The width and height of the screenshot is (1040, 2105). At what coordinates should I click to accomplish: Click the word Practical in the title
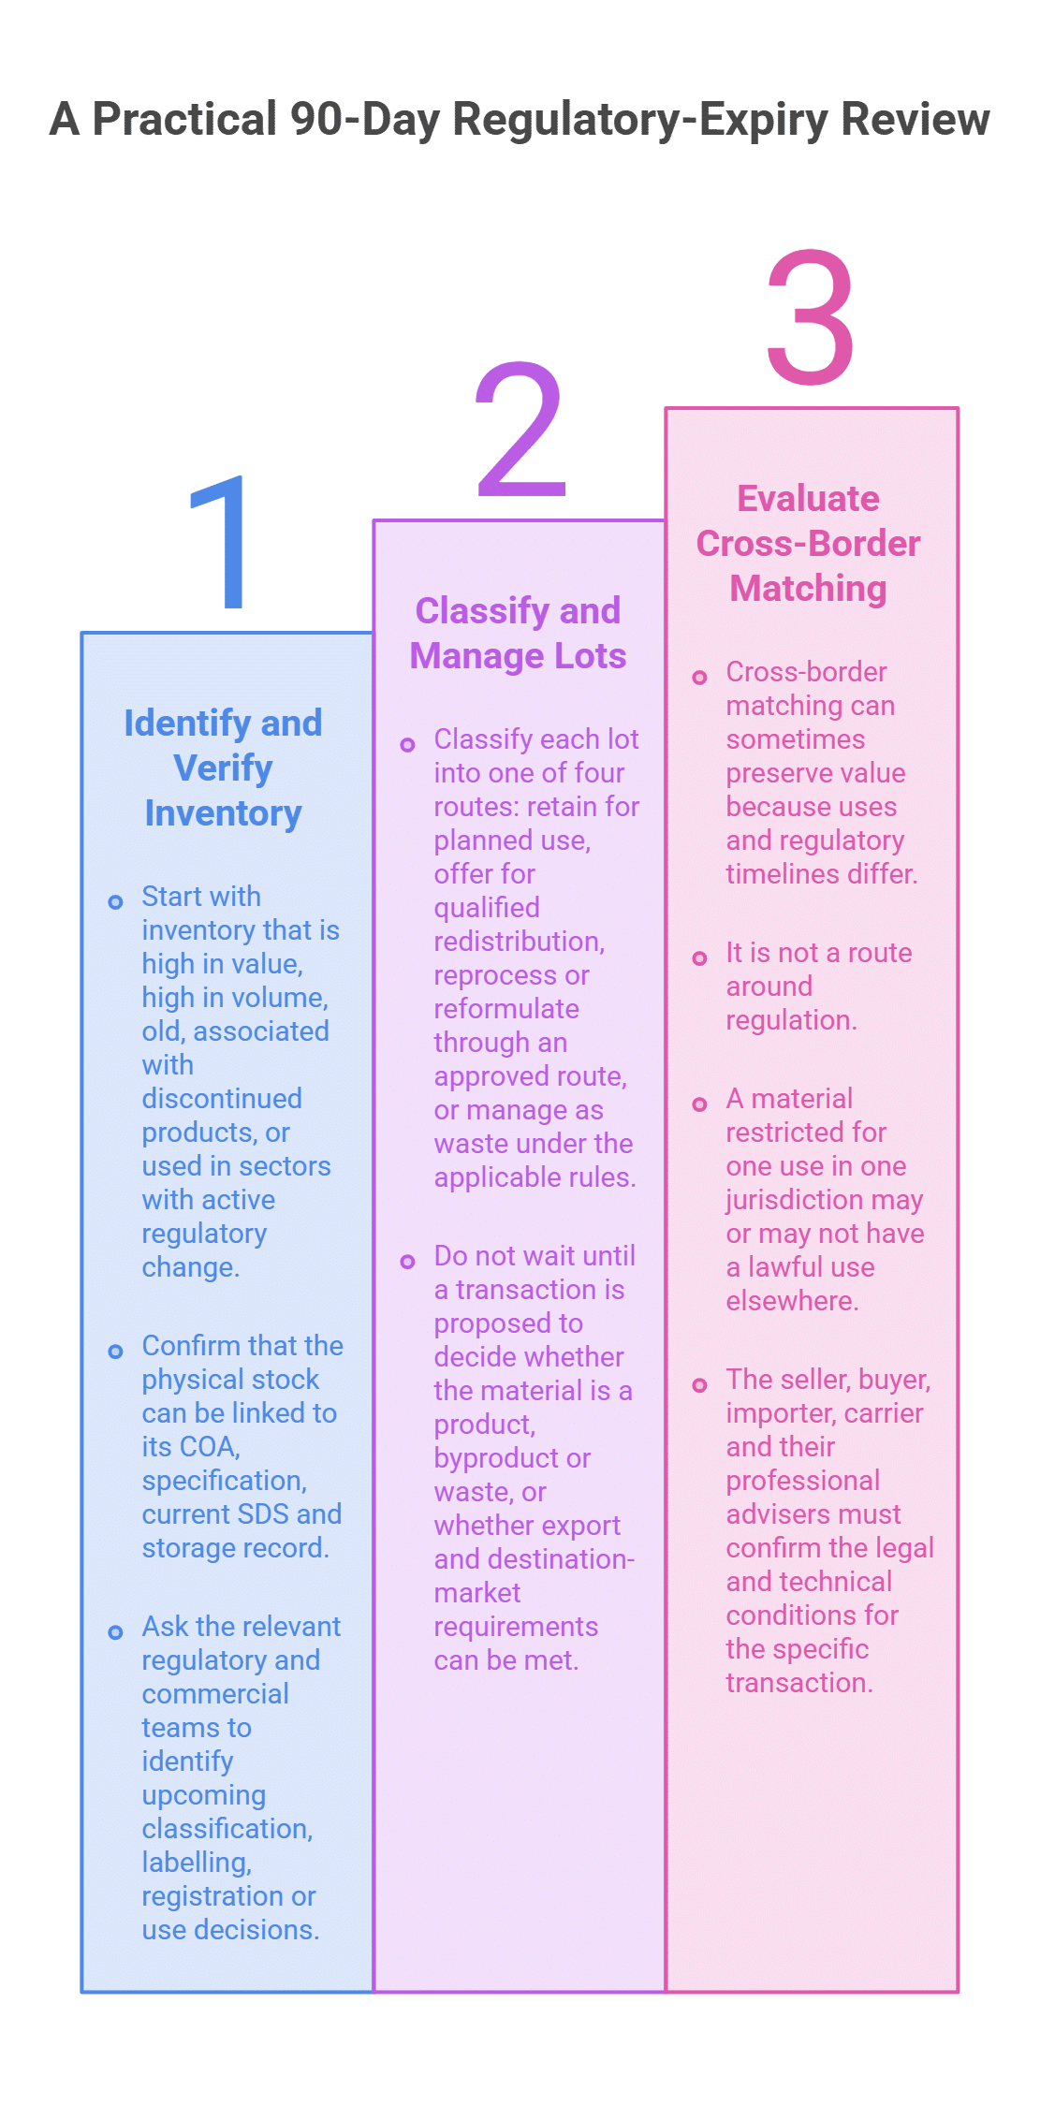[x=185, y=119]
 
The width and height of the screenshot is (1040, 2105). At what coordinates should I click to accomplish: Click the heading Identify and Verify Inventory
[x=223, y=767]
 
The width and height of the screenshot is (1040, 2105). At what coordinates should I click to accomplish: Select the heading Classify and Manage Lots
[x=518, y=633]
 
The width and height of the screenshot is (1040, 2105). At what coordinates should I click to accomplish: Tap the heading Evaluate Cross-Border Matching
[x=809, y=543]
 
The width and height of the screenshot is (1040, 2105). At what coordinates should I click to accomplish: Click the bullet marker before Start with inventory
[x=115, y=902]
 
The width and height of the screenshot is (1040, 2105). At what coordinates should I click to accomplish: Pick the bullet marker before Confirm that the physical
[x=115, y=1352]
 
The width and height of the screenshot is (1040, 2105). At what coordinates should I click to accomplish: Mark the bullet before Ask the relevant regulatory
[x=115, y=1632]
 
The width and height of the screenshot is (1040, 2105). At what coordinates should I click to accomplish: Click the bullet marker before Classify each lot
[x=407, y=745]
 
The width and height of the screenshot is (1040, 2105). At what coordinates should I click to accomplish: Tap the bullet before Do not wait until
[x=407, y=1262]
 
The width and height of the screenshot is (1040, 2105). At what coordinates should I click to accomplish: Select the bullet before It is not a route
[x=699, y=958]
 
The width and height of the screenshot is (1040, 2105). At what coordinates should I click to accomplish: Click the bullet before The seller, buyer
[x=699, y=1385]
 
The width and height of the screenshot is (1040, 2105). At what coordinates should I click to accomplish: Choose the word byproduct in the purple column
[x=497, y=1458]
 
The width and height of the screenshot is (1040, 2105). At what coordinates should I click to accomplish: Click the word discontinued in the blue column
[x=222, y=1098]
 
